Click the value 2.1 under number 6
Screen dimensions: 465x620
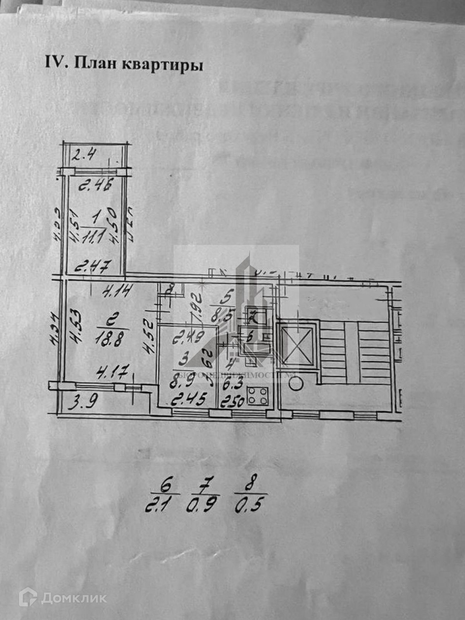(158, 506)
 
